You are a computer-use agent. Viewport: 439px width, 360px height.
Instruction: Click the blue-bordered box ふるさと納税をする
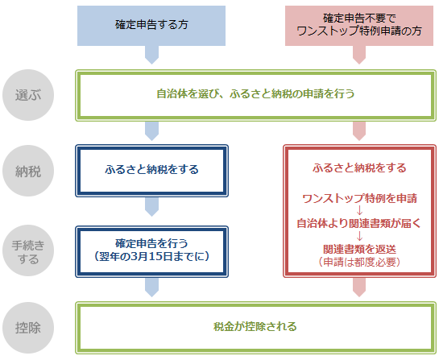(x=151, y=171)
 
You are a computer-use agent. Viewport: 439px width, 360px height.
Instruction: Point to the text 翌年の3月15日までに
(x=151, y=255)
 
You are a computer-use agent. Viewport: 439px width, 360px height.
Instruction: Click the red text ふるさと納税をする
(x=358, y=168)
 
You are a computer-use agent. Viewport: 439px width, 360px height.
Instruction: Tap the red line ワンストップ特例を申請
(x=358, y=198)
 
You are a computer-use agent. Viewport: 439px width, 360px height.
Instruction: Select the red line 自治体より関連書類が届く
(x=358, y=223)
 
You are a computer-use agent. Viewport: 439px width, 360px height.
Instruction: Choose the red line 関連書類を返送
(x=358, y=249)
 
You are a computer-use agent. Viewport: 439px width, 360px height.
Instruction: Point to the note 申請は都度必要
(x=358, y=262)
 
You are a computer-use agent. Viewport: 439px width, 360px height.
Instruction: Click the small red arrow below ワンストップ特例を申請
(x=358, y=210)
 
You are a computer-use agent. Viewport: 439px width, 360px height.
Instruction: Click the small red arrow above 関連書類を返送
(x=358, y=236)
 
